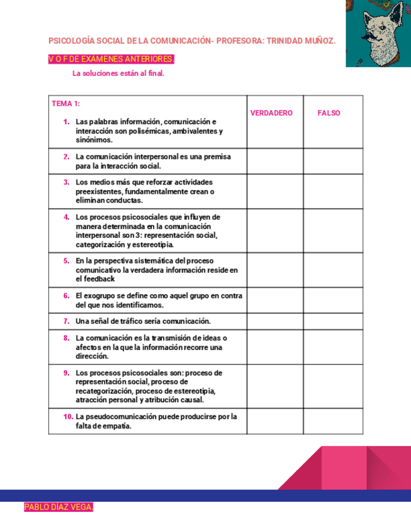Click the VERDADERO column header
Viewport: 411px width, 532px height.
tap(271, 113)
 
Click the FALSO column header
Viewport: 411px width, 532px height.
tap(329, 113)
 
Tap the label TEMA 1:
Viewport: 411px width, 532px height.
tap(66, 104)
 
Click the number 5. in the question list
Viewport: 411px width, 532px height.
tap(66, 260)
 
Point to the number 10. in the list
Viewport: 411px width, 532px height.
tap(67, 416)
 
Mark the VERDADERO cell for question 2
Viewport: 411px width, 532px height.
tap(275, 161)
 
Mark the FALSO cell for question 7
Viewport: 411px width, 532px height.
tap(333, 321)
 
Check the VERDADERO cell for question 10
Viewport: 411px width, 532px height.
tap(275, 420)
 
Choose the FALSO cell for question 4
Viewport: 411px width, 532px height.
tap(333, 230)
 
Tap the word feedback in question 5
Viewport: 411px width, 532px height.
tap(100, 279)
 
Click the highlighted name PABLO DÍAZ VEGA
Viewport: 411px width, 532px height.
tap(58, 507)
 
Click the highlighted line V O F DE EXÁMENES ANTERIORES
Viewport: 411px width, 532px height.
tap(111, 59)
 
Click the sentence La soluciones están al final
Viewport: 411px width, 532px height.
tap(118, 73)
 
